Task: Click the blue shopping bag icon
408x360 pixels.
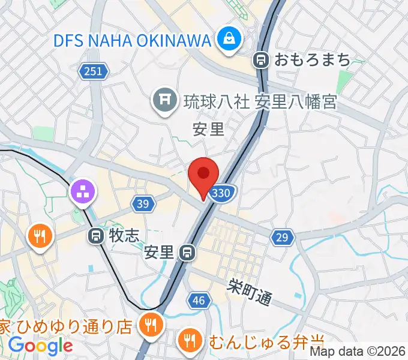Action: pyautogui.click(x=229, y=40)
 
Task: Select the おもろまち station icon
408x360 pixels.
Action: pyautogui.click(x=261, y=59)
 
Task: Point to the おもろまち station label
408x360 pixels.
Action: pyautogui.click(x=312, y=59)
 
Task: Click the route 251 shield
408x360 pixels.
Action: pyautogui.click(x=94, y=72)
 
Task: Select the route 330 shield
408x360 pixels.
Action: pyautogui.click(x=221, y=193)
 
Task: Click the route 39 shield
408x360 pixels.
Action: pyautogui.click(x=142, y=205)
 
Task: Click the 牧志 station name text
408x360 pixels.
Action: pyautogui.click(x=123, y=236)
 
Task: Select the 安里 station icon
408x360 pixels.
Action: pyautogui.click(x=188, y=253)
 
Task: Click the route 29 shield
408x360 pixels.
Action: pyautogui.click(x=281, y=238)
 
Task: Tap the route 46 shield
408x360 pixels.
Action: pyautogui.click(x=199, y=301)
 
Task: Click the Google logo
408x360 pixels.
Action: pyautogui.click(x=40, y=346)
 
